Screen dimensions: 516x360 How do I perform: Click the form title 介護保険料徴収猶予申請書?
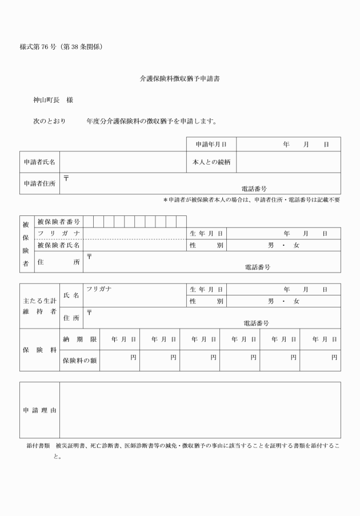(x=180, y=79)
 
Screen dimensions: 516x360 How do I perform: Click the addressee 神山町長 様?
(x=53, y=101)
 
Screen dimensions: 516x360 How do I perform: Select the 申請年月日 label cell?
(x=211, y=144)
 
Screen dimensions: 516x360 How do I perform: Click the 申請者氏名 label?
(x=40, y=162)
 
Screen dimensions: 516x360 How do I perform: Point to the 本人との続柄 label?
(x=211, y=162)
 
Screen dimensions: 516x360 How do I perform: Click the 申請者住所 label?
(x=40, y=183)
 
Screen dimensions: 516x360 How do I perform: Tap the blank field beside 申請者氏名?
(x=123, y=162)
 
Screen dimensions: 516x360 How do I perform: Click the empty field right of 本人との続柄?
(x=288, y=162)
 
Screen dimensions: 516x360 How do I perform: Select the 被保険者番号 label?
(x=58, y=221)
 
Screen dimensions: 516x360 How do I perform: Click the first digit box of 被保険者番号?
(x=89, y=221)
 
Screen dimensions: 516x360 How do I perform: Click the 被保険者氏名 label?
(x=58, y=245)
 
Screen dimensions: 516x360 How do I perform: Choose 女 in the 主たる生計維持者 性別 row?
(x=296, y=301)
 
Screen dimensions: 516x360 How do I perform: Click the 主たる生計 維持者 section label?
(x=39, y=306)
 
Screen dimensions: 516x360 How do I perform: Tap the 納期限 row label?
(x=79, y=339)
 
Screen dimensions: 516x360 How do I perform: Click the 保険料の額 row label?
(x=79, y=360)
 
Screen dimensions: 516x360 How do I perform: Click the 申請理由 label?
(x=39, y=410)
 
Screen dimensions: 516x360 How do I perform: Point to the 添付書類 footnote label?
(x=36, y=445)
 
